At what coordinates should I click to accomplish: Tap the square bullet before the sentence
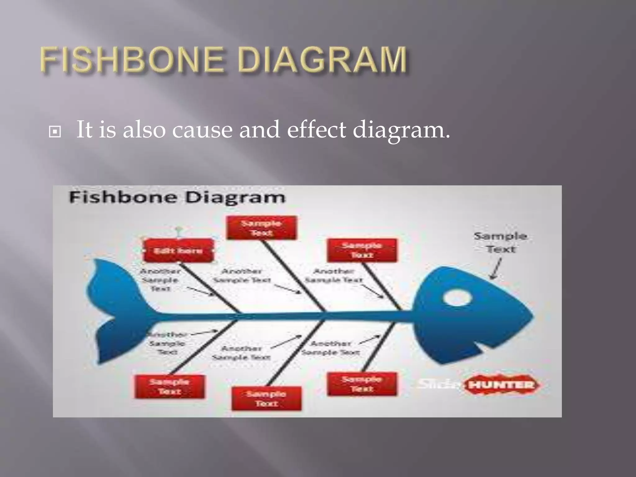(x=55, y=132)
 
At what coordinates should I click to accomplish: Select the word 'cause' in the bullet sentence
(x=202, y=129)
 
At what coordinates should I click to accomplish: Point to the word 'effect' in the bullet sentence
(x=316, y=129)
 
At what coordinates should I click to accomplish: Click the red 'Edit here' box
(x=179, y=250)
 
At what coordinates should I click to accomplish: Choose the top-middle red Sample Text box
(x=261, y=228)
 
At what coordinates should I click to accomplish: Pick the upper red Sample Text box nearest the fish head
(x=362, y=250)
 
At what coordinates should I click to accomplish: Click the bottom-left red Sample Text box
(x=170, y=387)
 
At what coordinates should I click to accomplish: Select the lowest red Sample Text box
(x=266, y=399)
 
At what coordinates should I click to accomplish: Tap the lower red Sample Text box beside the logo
(x=362, y=384)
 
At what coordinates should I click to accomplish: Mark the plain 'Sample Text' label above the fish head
(x=500, y=242)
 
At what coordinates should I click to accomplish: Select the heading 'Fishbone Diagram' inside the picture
(x=177, y=198)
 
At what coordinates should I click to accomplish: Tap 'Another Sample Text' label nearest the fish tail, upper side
(x=160, y=280)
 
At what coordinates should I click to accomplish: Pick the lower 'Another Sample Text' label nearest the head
(x=331, y=348)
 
